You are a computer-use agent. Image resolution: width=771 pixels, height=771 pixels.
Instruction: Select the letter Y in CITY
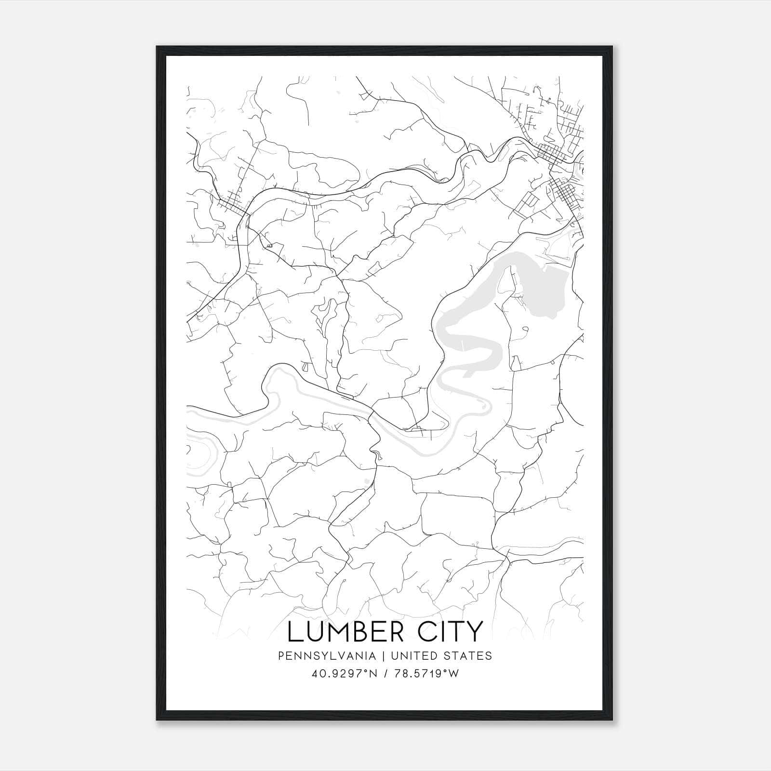click(x=475, y=632)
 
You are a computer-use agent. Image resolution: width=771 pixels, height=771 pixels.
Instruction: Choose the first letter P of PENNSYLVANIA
click(x=281, y=656)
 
